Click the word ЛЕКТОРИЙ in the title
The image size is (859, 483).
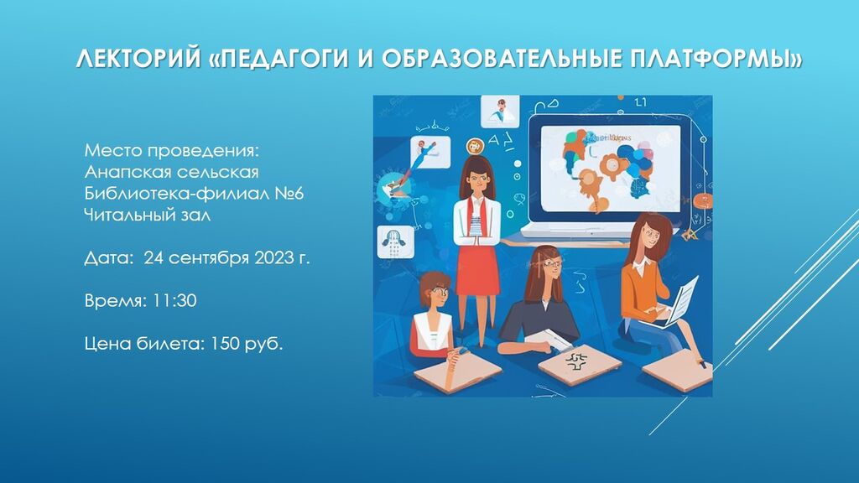(138, 59)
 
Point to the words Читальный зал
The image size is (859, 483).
(148, 215)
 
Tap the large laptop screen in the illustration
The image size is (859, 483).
(611, 169)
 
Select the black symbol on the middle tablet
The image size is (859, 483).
(575, 361)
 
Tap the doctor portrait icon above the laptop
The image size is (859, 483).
(500, 112)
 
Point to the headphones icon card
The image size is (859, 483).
(393, 241)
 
